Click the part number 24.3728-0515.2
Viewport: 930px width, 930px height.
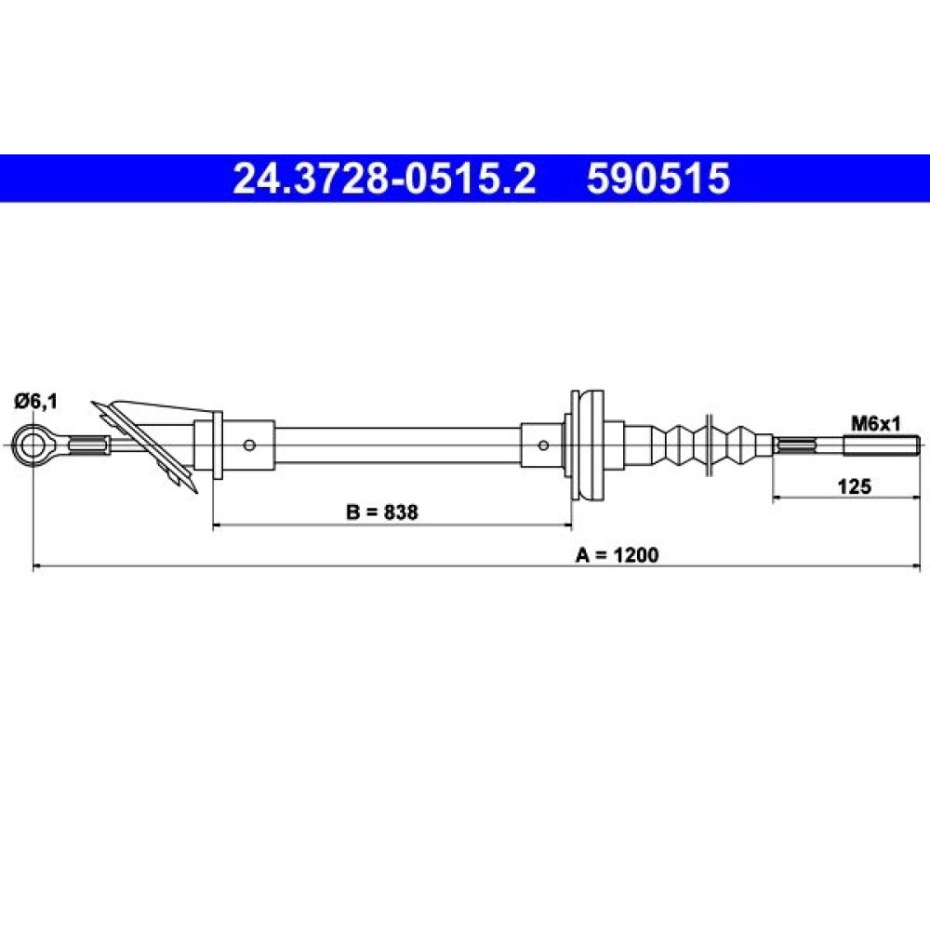pyautogui.click(x=384, y=179)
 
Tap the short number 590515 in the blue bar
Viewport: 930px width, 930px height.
pyautogui.click(x=658, y=179)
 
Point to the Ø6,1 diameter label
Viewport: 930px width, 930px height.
pyautogui.click(x=36, y=402)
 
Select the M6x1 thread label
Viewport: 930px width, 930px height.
pyautogui.click(x=876, y=423)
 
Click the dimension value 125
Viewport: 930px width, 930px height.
pyautogui.click(x=855, y=486)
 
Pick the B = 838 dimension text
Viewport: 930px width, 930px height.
pyautogui.click(x=382, y=511)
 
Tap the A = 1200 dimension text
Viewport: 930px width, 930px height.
pyautogui.click(x=617, y=554)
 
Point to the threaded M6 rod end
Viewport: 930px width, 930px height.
pyautogui.click(x=882, y=445)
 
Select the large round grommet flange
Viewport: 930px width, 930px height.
pyautogui.click(x=587, y=445)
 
